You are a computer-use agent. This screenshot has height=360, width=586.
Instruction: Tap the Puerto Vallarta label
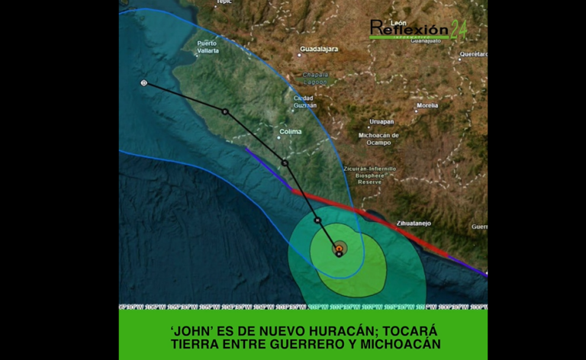(207, 47)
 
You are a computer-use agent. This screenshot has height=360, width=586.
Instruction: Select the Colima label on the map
(290, 132)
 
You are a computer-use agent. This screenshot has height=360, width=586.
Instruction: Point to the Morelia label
(427, 105)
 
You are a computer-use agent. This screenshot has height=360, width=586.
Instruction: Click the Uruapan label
(382, 121)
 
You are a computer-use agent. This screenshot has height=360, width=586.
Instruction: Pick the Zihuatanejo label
(414, 223)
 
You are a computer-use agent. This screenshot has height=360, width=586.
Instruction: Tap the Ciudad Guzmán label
(304, 101)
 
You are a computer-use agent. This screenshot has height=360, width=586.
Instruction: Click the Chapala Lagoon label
(316, 77)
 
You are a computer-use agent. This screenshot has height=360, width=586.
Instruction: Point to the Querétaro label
(473, 54)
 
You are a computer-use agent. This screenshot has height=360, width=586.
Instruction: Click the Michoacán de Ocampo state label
(378, 139)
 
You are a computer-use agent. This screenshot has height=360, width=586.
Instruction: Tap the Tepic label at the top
(223, 2)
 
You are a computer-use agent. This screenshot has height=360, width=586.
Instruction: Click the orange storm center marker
(339, 248)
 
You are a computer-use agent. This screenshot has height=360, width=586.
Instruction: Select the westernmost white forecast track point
(144, 82)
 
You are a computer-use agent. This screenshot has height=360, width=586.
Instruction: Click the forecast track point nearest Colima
(285, 162)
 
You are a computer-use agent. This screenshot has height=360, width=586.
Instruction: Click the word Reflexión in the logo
(409, 29)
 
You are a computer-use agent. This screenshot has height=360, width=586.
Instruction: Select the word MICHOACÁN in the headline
(399, 346)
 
